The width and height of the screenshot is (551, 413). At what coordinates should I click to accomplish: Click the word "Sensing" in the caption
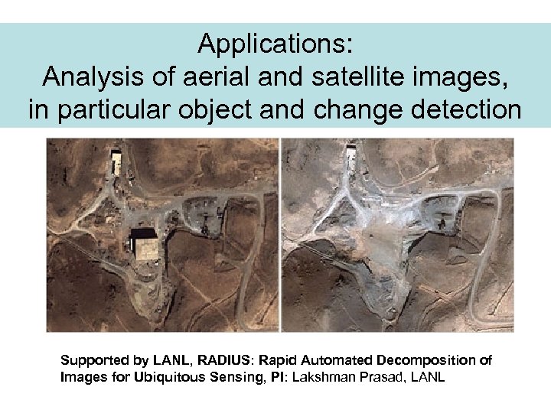(x=230, y=377)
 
